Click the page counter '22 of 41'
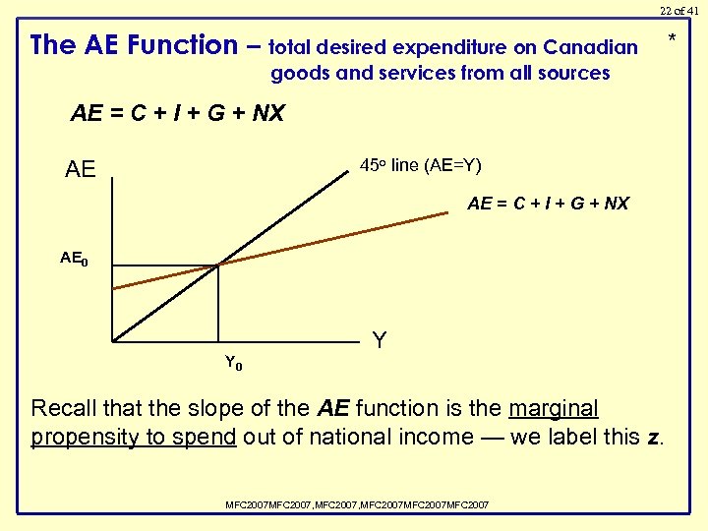(679, 10)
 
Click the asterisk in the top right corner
(673, 40)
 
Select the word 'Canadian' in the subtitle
(590, 47)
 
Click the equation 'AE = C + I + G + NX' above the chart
(177, 113)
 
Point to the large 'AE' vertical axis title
(80, 170)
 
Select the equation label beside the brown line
(548, 204)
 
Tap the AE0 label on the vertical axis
(74, 259)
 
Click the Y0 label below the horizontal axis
(233, 363)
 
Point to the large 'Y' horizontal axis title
(380, 341)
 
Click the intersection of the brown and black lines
(217, 265)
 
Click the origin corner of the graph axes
(113, 342)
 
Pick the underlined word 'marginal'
(554, 408)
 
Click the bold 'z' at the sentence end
(654, 437)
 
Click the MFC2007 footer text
(357, 504)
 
